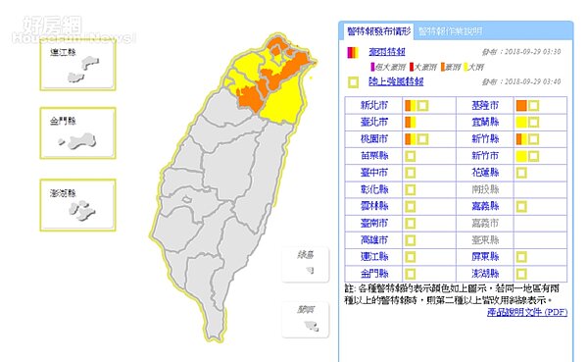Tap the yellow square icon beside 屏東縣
coord(521,255)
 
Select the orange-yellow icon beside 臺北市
coord(411,122)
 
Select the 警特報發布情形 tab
coord(375,30)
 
